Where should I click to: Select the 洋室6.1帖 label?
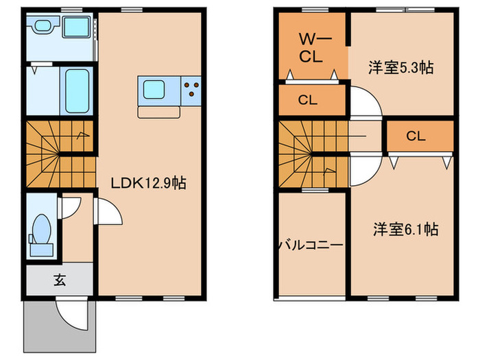point(405,230)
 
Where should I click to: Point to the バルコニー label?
point(311,245)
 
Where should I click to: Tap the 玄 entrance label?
point(60,280)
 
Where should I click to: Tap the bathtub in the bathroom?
point(77,92)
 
